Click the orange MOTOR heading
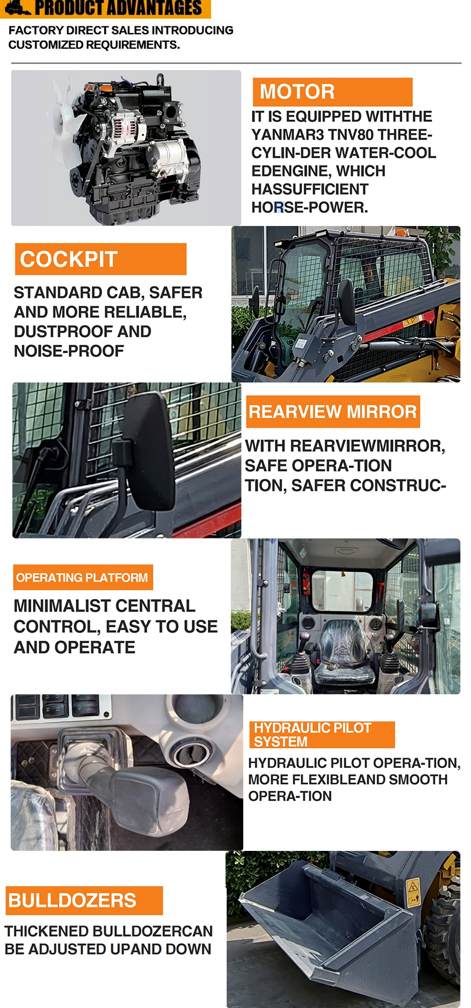tap(332, 92)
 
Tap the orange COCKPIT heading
tap(100, 259)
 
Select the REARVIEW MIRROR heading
tap(333, 411)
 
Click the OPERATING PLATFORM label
tap(82, 577)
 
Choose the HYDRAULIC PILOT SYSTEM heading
tap(321, 734)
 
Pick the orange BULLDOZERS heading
tap(84, 900)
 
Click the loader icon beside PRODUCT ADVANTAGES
tap(16, 8)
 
